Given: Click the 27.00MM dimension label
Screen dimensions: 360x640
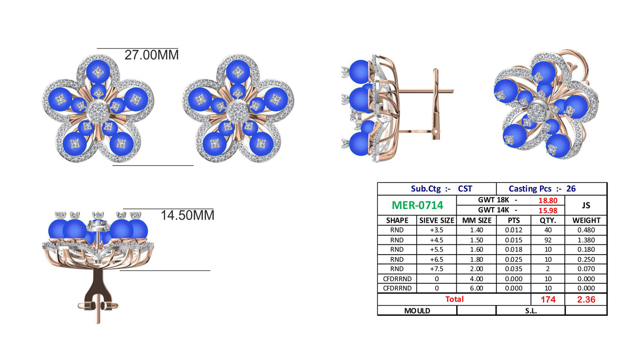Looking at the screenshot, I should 151,55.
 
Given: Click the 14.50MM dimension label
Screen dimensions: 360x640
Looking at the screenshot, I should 187,215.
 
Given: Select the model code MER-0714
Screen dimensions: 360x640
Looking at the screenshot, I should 417,205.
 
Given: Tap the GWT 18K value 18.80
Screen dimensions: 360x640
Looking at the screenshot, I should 547,201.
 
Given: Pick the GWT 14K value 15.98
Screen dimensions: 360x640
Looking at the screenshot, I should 547,211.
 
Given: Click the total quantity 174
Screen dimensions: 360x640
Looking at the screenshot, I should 547,300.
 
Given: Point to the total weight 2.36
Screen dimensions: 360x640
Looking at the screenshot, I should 586,300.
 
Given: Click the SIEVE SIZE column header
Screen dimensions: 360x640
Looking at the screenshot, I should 436,221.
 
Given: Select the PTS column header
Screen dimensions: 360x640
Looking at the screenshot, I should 513,221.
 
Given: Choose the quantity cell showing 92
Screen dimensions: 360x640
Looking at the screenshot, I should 547,240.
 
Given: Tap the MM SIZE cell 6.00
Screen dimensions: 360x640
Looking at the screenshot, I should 476,288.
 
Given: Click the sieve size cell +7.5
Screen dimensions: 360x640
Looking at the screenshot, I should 436,269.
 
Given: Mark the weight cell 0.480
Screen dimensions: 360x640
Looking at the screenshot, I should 586,230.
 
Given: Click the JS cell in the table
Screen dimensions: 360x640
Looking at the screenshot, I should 586,205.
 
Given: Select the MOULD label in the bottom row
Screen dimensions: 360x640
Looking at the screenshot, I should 417,311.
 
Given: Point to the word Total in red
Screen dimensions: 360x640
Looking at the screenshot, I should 454,299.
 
